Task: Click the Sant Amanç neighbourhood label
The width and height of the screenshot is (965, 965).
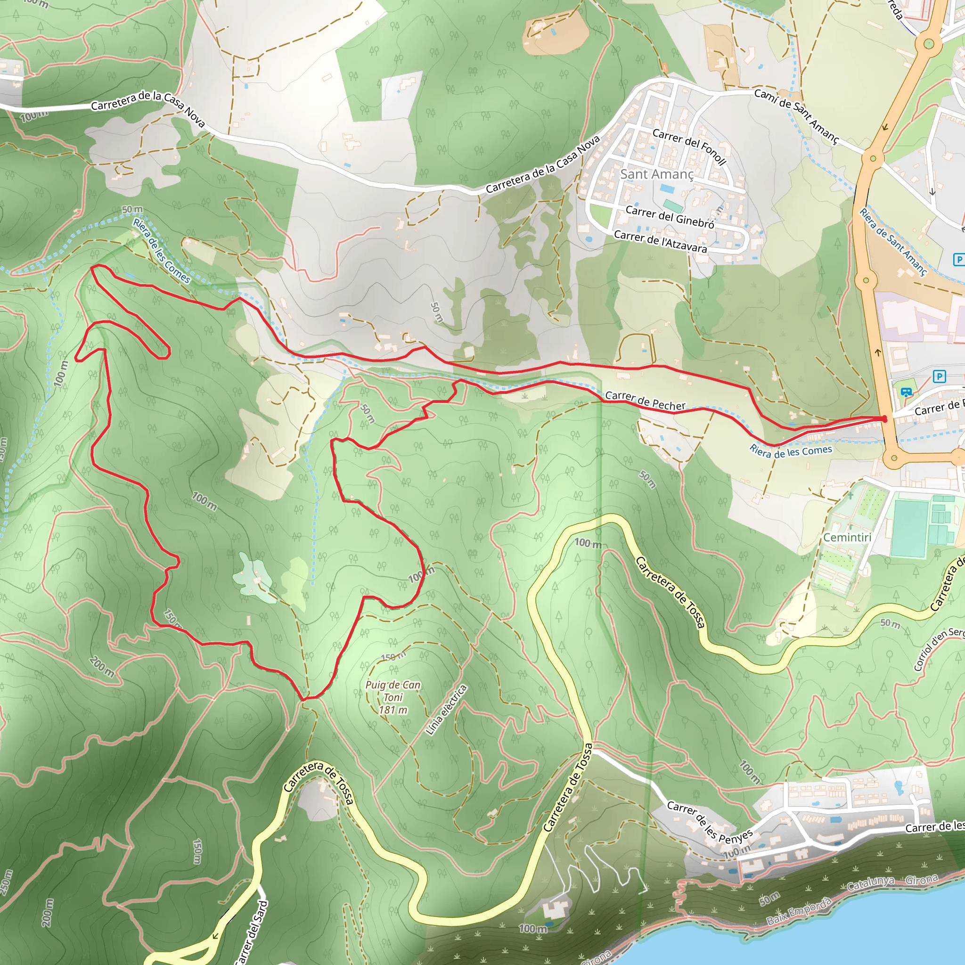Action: click(x=657, y=174)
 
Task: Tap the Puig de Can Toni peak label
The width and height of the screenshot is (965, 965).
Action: click(x=393, y=691)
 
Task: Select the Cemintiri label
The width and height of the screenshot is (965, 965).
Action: click(x=847, y=538)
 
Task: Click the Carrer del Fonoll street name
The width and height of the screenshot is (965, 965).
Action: click(x=689, y=146)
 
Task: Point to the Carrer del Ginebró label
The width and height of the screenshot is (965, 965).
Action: click(x=670, y=217)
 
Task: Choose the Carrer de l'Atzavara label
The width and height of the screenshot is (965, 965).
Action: click(x=660, y=241)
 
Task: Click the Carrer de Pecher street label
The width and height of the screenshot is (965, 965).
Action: click(x=646, y=401)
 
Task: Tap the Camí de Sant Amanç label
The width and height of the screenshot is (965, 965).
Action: click(x=796, y=115)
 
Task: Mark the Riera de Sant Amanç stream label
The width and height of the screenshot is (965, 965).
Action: click(x=893, y=242)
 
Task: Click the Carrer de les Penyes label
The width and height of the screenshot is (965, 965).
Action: click(x=710, y=823)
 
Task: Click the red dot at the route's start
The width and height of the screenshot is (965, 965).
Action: click(x=884, y=418)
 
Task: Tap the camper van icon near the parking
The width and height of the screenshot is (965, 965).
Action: click(x=907, y=393)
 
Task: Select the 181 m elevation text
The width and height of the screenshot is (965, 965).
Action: click(x=393, y=710)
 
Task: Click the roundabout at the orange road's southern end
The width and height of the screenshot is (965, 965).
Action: click(x=893, y=458)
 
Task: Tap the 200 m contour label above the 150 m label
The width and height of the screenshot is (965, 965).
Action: click(x=102, y=667)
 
